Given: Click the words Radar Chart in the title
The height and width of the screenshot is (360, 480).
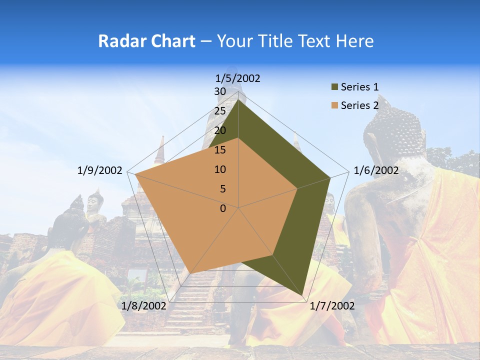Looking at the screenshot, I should point(146,41).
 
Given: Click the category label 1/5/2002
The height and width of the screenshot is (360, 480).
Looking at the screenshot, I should point(238,78).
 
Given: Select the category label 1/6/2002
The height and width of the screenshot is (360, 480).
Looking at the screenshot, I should point(376,170).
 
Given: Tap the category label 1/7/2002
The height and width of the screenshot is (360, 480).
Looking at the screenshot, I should point(332,306).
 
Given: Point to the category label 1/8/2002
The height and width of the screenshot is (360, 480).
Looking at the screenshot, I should point(144,306).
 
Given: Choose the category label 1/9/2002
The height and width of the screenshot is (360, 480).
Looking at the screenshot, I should point(100,170).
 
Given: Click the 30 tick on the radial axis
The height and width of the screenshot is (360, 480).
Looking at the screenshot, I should point(220,91).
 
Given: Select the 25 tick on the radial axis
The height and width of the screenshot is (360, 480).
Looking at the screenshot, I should point(220,111).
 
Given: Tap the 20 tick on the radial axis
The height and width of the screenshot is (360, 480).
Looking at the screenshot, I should point(220,130).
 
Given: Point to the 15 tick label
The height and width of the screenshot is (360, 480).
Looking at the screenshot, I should point(220,150).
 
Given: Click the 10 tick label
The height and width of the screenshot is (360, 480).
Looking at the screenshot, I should point(220,169).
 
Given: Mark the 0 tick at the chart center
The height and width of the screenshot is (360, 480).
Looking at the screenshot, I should point(223,208).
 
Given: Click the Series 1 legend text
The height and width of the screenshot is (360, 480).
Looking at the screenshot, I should point(359,87).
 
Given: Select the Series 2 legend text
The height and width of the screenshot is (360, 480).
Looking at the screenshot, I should point(359,105).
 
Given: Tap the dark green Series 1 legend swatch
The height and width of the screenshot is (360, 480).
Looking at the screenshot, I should point(334,87).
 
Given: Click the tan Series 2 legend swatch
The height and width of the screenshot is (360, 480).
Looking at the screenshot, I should point(334,105).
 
